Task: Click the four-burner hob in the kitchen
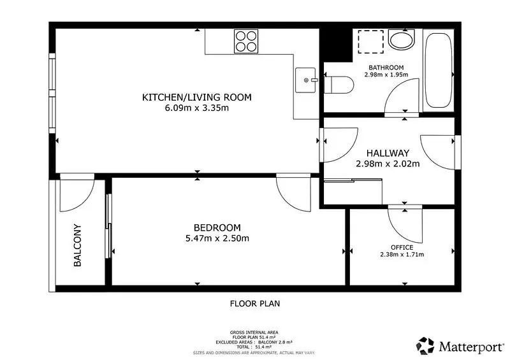(246, 41)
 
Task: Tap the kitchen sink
(306, 80)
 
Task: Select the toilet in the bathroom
(339, 85)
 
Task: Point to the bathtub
(439, 70)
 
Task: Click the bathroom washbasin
(402, 40)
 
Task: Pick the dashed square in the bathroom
(371, 41)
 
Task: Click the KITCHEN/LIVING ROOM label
(197, 97)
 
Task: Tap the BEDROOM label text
(217, 227)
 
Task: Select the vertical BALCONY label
(77, 245)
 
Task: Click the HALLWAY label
(388, 153)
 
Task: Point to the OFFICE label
(402, 247)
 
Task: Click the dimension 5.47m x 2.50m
(217, 238)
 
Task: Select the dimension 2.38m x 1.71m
(402, 254)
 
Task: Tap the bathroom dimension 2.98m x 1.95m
(386, 75)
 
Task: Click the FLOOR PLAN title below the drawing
(255, 304)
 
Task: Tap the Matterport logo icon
(425, 346)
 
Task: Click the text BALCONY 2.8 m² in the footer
(275, 342)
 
